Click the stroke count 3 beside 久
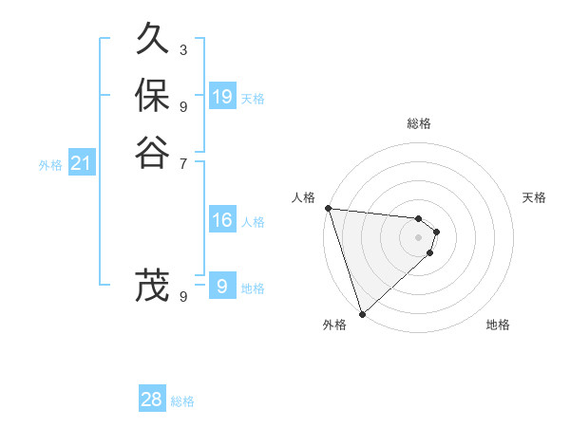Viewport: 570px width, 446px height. [x=182, y=49]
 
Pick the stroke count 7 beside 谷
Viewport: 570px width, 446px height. [x=182, y=163]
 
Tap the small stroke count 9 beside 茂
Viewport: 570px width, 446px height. [x=182, y=297]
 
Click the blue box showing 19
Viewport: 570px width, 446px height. [x=222, y=96]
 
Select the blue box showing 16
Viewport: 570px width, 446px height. [x=222, y=220]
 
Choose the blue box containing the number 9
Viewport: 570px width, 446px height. [x=222, y=286]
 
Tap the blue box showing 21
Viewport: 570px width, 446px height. [x=82, y=163]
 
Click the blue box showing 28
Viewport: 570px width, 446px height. [x=152, y=400]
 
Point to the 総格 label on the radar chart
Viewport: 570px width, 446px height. [x=419, y=123]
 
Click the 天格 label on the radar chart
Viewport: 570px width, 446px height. [x=534, y=197]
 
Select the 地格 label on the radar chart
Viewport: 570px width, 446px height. [x=498, y=325]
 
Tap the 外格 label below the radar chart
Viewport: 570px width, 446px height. [x=334, y=325]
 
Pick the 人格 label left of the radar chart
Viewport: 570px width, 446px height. [x=303, y=197]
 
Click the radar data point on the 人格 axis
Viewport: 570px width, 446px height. [x=328, y=208]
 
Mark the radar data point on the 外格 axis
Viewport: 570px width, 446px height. [x=362, y=313]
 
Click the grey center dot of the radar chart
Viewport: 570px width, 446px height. [x=418, y=237]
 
